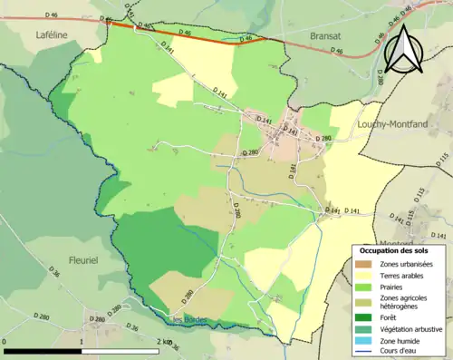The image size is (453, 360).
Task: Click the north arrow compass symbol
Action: click(404, 50)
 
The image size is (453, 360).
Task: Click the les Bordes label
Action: click(188, 318)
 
